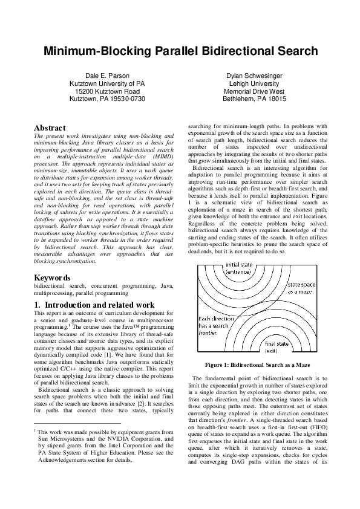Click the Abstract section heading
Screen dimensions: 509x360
tap(50, 128)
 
